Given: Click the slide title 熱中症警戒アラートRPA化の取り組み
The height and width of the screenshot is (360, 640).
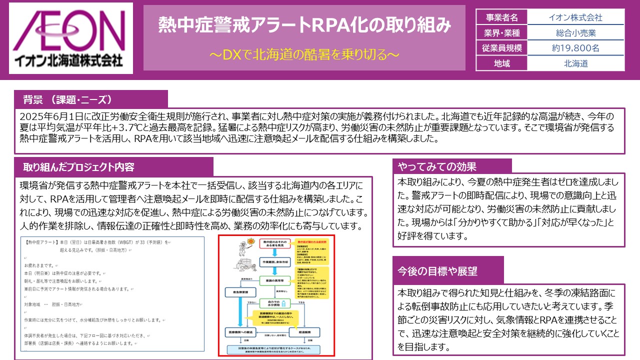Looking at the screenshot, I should click(304, 24).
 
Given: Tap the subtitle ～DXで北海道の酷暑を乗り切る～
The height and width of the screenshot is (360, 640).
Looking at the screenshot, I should click(304, 54).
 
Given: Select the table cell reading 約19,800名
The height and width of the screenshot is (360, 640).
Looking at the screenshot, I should click(575, 48).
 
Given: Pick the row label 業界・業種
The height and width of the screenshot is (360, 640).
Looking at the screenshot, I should click(501, 33).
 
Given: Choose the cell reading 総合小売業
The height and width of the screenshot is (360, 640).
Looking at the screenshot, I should click(575, 33).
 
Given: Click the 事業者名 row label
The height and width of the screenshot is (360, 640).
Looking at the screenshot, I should click(501, 18).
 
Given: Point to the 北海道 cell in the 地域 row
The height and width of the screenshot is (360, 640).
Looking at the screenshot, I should click(575, 63).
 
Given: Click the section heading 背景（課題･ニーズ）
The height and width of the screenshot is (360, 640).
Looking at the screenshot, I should click(67, 98).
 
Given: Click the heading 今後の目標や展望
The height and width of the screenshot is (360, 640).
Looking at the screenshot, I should click(437, 271).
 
